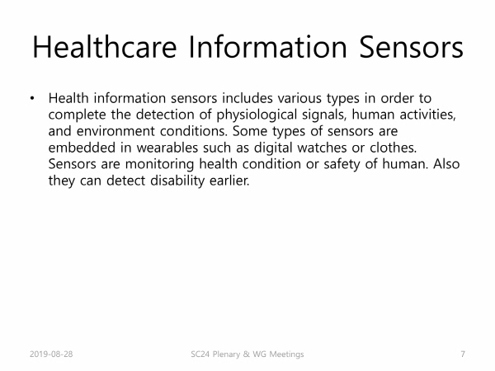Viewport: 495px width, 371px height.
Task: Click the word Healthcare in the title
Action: pos(105,47)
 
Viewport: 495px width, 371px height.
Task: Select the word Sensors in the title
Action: pos(412,47)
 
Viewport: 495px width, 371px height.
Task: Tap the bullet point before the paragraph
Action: pos(32,98)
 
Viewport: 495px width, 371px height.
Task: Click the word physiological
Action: pos(257,115)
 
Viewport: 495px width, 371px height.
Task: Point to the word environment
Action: pos(115,131)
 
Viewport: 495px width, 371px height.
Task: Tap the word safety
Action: pos(342,164)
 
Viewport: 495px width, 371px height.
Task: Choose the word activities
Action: pos(427,115)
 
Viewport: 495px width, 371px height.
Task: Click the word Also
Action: pos(446,164)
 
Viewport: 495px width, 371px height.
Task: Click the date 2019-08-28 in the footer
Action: pos(51,354)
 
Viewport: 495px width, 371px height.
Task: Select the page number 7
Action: pos(463,354)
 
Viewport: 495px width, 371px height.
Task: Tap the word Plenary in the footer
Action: pos(226,355)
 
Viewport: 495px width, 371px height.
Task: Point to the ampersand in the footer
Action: pos(246,354)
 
